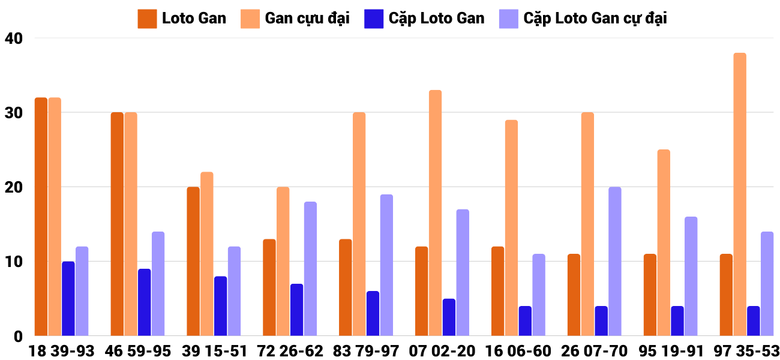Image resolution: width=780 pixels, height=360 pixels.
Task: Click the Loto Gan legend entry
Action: point(182,19)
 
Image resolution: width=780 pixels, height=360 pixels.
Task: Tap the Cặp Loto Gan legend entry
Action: point(424,19)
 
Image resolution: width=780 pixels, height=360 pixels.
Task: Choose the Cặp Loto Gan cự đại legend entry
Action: point(583,19)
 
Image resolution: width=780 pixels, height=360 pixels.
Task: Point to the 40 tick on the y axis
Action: point(13,38)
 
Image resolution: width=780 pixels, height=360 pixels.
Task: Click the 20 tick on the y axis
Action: point(13,187)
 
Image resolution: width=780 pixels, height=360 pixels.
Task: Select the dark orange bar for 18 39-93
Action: point(41,217)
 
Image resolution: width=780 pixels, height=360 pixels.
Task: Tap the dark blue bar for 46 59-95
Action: point(144,302)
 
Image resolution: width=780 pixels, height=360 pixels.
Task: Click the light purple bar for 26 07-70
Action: point(615,262)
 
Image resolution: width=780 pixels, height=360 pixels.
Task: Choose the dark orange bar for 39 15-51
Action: point(193,262)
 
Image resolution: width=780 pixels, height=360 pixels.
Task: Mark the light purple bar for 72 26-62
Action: point(310,269)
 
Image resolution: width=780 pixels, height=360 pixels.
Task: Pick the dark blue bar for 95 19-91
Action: point(677,321)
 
